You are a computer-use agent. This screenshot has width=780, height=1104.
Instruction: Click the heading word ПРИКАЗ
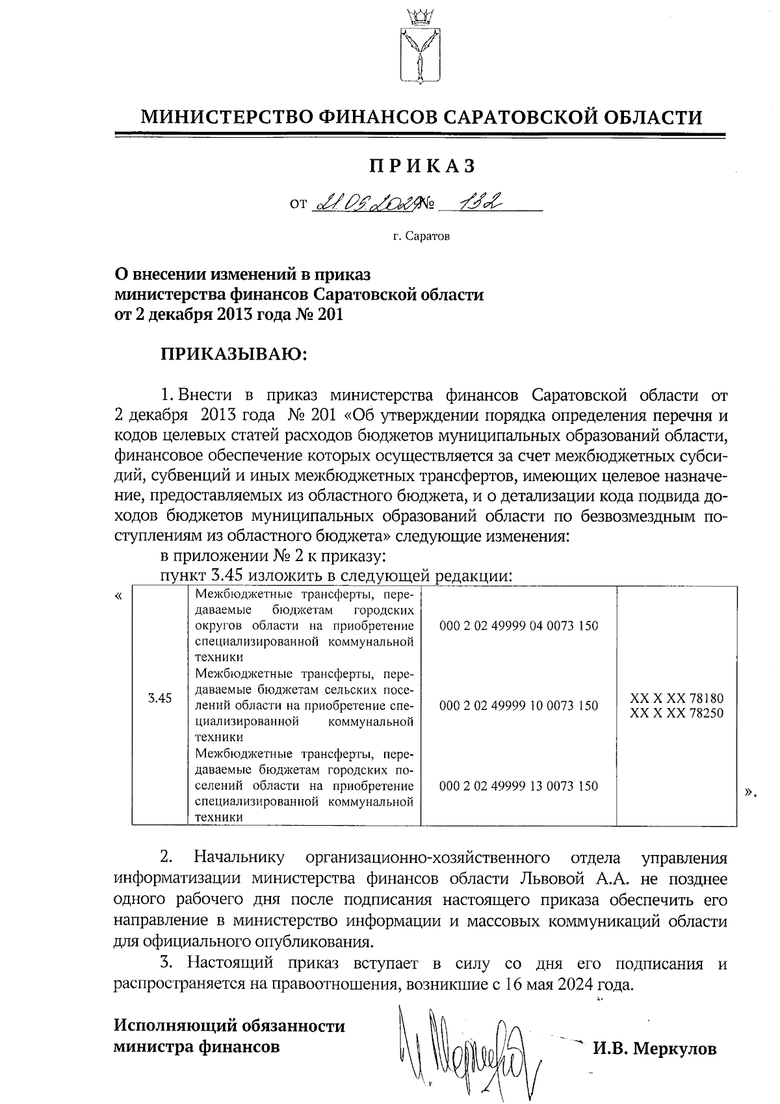pyautogui.click(x=422, y=166)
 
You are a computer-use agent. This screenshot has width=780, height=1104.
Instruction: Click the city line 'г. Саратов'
pyautogui.click(x=421, y=236)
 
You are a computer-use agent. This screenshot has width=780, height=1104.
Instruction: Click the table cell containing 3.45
pyautogui.click(x=159, y=699)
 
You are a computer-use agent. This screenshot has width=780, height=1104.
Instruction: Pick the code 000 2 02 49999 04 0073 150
pyautogui.click(x=519, y=626)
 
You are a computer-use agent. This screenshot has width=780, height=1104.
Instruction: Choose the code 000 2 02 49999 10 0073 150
pyautogui.click(x=519, y=705)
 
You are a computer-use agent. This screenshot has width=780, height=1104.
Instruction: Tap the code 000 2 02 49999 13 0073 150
pyautogui.click(x=519, y=786)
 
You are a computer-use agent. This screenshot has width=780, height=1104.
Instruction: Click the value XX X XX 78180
pyautogui.click(x=677, y=698)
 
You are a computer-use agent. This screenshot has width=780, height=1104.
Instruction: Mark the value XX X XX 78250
pyautogui.click(x=677, y=713)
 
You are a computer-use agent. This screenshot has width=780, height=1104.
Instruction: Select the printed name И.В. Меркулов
pyautogui.click(x=655, y=1049)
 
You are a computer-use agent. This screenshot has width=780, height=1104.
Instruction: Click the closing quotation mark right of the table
pyautogui.click(x=751, y=792)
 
